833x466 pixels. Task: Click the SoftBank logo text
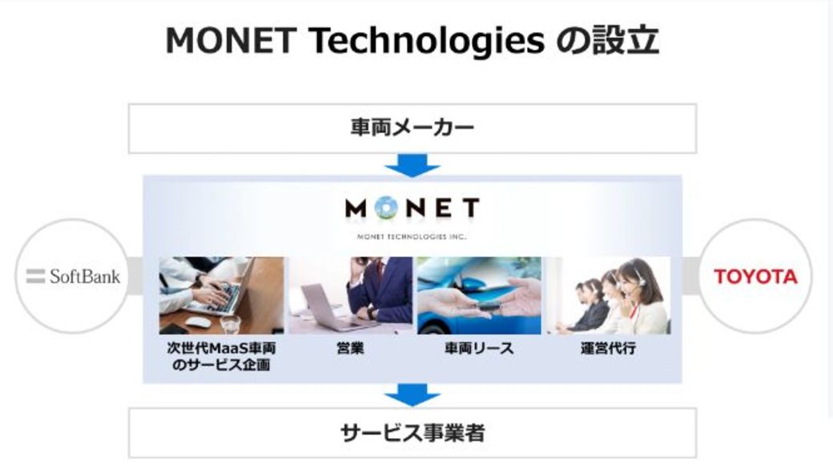[x=85, y=276]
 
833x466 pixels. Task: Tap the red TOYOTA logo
[x=755, y=277]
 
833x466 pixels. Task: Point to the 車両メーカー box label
[x=412, y=128]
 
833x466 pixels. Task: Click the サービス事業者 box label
[x=412, y=433]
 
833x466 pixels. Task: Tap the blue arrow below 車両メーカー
[x=412, y=165]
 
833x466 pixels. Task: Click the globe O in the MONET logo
[x=387, y=208]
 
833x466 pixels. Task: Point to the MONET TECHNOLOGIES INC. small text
[x=412, y=236]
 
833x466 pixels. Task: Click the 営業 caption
[x=350, y=348]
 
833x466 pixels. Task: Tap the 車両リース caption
[x=479, y=348]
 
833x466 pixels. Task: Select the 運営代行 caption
[x=608, y=348]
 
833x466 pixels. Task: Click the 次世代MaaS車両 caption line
[x=222, y=348]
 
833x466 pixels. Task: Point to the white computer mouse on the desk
[x=196, y=322]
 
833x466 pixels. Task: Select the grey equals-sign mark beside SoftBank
[x=35, y=276]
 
